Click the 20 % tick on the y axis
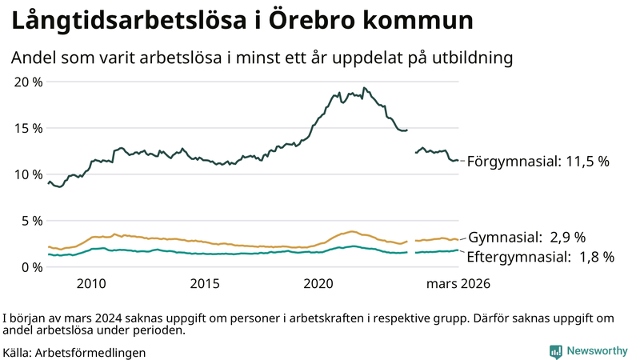[x=29, y=82]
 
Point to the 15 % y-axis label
[x=29, y=128]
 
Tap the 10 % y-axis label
[x=29, y=174]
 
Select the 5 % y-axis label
[x=33, y=221]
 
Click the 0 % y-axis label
[x=33, y=267]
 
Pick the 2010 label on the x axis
[x=91, y=284]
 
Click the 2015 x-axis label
[x=205, y=284]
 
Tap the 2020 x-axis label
[x=319, y=284]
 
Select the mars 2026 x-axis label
[x=458, y=284]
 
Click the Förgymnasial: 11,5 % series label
[x=538, y=162]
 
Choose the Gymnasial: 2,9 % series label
[x=526, y=238]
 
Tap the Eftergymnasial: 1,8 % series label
[x=541, y=258]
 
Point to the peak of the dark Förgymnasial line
[x=364, y=88]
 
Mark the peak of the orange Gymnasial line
[x=352, y=231]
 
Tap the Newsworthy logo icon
[x=555, y=351]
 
